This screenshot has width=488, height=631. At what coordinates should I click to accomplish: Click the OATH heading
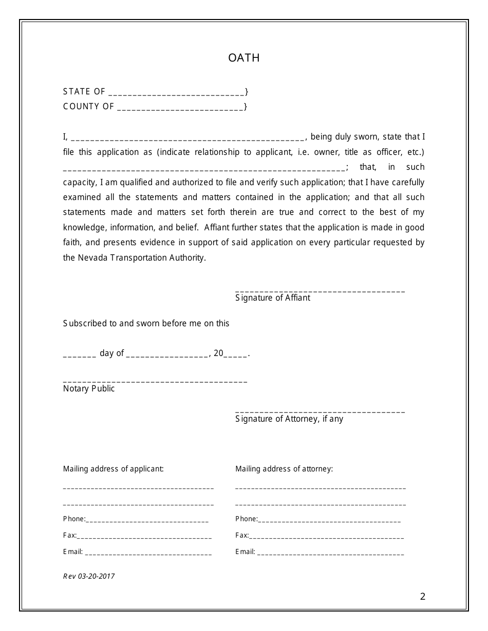point(244,58)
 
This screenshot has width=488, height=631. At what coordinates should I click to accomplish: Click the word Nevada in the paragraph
point(91,258)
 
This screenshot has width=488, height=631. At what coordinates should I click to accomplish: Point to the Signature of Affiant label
point(273,298)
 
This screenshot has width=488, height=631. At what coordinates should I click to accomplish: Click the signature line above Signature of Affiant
point(320,291)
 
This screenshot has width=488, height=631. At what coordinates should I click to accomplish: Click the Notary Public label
point(89,389)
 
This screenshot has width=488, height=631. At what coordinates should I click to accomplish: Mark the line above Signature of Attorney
point(320,412)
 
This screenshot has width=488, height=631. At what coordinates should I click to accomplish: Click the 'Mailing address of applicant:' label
point(114,469)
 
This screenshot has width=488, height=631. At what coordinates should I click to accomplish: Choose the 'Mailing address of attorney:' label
point(284,469)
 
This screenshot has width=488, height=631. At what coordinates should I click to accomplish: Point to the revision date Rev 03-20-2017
point(89,576)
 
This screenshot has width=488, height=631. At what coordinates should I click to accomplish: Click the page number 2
point(422,597)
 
